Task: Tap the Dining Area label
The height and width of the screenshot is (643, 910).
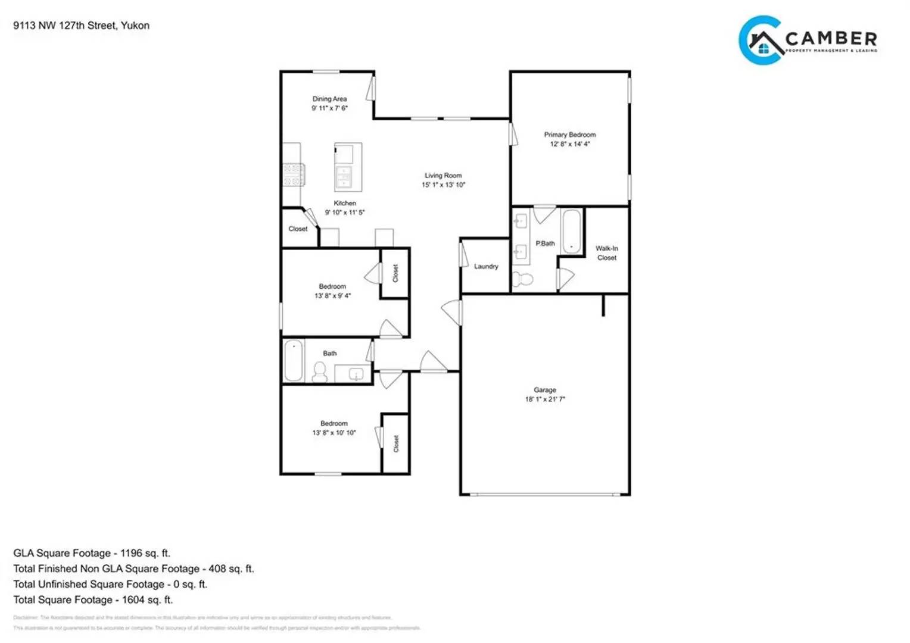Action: click(x=329, y=99)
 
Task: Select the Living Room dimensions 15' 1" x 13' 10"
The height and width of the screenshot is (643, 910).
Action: click(x=443, y=185)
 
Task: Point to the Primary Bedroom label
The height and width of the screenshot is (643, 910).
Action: click(x=569, y=135)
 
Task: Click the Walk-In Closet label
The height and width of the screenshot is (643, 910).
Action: click(x=607, y=253)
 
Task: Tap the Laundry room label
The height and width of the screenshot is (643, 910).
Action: click(x=486, y=266)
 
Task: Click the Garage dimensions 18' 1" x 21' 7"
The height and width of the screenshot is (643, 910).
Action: click(x=544, y=399)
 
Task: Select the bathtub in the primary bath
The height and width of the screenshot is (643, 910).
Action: click(x=571, y=232)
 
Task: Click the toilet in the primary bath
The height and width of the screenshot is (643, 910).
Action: click(x=524, y=279)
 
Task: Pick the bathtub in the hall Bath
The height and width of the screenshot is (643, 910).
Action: click(x=293, y=360)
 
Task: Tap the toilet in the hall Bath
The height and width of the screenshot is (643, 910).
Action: click(x=320, y=372)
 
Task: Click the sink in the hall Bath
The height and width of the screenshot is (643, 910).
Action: click(x=355, y=374)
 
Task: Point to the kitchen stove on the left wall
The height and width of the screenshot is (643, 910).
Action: click(x=292, y=175)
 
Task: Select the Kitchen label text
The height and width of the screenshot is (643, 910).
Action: click(x=345, y=203)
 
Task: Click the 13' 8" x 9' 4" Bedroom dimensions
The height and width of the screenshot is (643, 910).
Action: click(x=332, y=295)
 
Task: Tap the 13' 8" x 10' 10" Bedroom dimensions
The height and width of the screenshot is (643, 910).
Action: click(x=334, y=433)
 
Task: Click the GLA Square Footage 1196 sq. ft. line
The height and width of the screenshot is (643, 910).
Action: click(x=92, y=553)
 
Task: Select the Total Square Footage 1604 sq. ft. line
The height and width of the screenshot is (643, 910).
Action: click(x=93, y=600)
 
